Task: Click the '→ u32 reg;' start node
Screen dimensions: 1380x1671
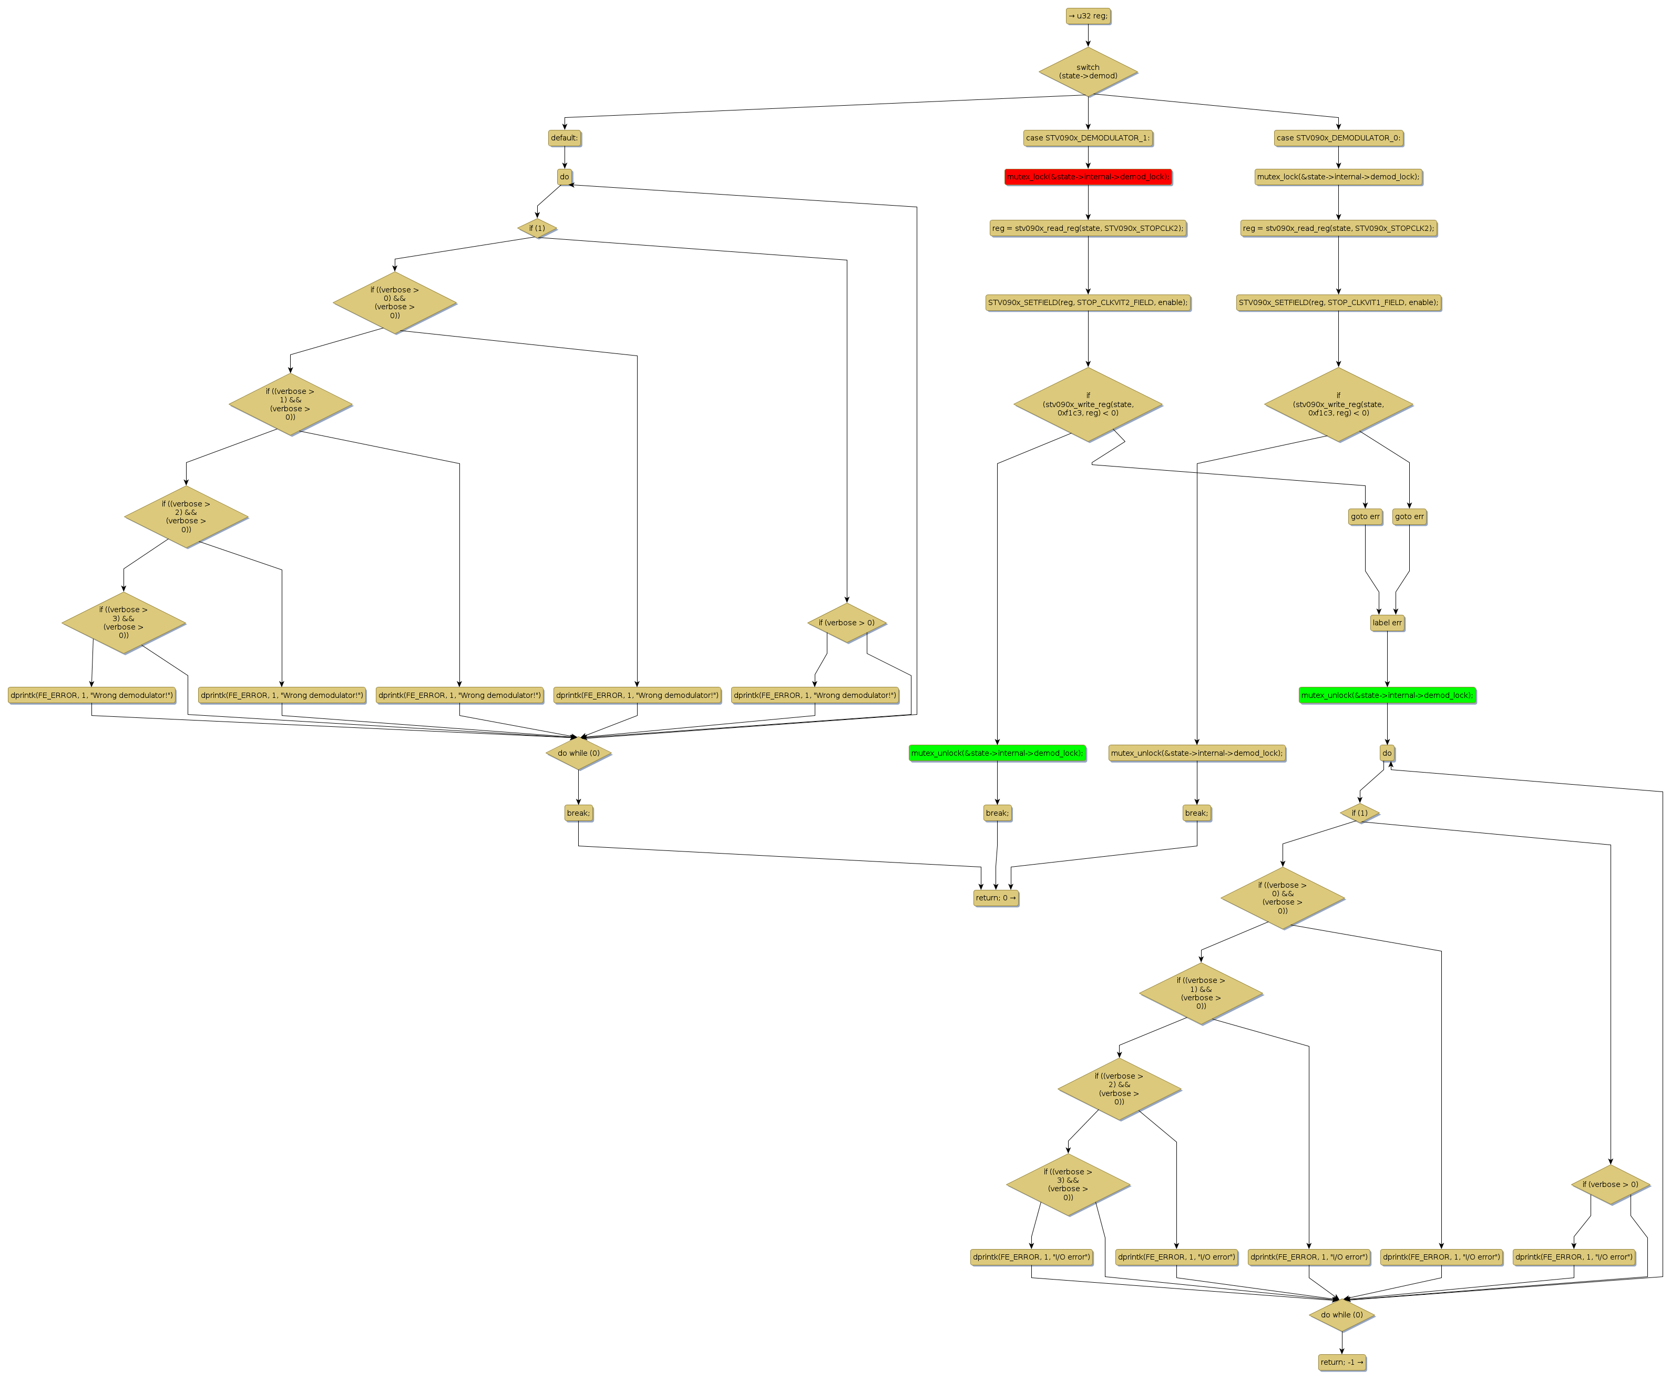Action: tap(1087, 16)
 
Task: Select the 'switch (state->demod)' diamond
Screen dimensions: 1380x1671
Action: tap(1087, 72)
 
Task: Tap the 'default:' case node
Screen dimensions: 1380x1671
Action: tap(564, 137)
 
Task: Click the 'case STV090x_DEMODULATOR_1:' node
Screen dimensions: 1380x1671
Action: tap(1087, 137)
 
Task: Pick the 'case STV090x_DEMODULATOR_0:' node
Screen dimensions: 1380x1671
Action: tap(1338, 137)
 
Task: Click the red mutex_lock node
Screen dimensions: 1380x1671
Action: tap(1087, 177)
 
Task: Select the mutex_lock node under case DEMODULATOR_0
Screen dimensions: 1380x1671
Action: tap(1338, 177)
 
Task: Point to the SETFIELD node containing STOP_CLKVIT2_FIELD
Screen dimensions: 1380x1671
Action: tap(1087, 302)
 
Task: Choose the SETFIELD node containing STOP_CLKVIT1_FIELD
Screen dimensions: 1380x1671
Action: tap(1338, 302)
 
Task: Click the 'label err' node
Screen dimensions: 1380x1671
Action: tap(1387, 623)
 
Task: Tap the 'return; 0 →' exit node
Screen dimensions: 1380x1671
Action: tap(996, 898)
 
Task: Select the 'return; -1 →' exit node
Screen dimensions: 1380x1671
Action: tap(1342, 1362)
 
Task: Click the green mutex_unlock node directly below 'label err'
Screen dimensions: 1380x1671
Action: tap(1387, 695)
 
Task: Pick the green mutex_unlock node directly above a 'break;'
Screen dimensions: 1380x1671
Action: tap(997, 753)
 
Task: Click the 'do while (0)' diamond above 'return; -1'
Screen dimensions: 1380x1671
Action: tap(1341, 1315)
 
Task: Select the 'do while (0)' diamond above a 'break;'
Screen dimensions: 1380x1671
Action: tap(578, 753)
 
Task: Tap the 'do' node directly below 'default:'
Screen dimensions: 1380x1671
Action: tap(564, 177)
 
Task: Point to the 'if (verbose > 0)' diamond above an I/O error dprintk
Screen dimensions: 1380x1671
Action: tap(1610, 1184)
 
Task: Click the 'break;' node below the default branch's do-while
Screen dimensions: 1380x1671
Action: tap(578, 813)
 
